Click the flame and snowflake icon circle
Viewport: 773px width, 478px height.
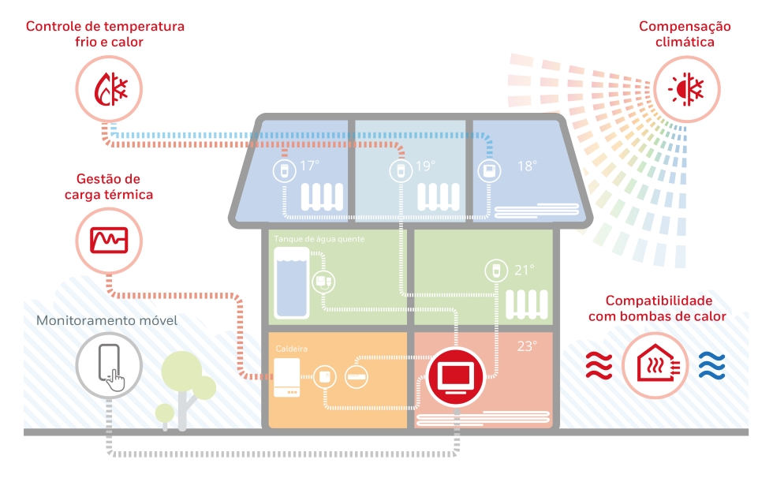(x=109, y=89)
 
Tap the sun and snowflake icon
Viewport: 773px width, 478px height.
(x=686, y=89)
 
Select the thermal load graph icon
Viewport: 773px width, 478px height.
(x=109, y=241)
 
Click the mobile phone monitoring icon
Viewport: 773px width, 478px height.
(x=109, y=366)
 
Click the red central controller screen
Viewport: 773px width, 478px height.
(x=456, y=377)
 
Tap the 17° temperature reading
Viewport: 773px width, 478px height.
(x=309, y=166)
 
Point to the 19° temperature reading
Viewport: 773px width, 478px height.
(x=425, y=166)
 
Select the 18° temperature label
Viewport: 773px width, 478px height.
(x=527, y=166)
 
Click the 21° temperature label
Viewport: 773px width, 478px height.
(x=524, y=270)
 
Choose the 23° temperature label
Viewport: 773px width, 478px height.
(x=527, y=346)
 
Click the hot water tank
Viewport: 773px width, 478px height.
(x=292, y=283)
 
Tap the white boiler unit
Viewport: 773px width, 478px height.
(x=287, y=378)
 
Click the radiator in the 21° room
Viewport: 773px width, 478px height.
(x=527, y=304)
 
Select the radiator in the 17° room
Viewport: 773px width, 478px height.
(x=323, y=196)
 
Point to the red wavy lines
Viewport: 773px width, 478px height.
(x=599, y=366)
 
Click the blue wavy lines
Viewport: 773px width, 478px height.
(x=712, y=366)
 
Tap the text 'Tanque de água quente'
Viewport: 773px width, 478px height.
(x=319, y=239)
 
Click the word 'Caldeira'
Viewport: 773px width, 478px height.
(x=291, y=349)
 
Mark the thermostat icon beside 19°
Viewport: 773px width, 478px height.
(x=401, y=171)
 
